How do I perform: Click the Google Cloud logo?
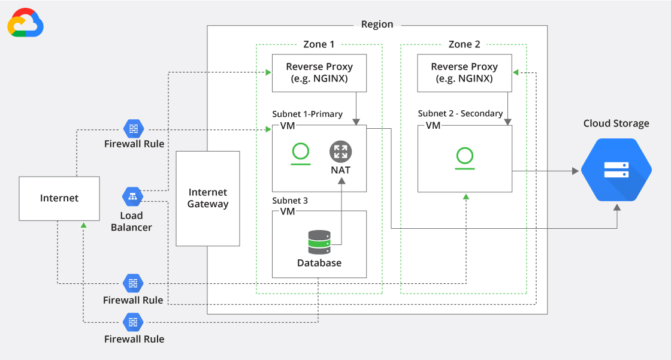25,23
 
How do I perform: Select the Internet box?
59,198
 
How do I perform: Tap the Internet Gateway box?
208,198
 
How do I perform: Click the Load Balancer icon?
132,196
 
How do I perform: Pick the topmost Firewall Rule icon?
133,128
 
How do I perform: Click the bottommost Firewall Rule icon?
133,322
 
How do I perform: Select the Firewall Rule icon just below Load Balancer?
133,283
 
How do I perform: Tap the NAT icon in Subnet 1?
340,152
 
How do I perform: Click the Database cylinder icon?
319,242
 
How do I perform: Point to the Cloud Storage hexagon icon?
616,170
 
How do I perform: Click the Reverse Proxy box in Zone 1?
319,73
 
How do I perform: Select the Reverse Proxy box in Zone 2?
464,73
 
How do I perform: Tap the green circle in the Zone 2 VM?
464,156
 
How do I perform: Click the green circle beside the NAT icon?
301,152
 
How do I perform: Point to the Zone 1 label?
319,44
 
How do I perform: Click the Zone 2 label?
464,44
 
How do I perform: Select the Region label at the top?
377,25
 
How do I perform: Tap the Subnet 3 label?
290,201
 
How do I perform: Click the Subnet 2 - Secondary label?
461,114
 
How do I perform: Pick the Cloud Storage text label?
616,123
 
